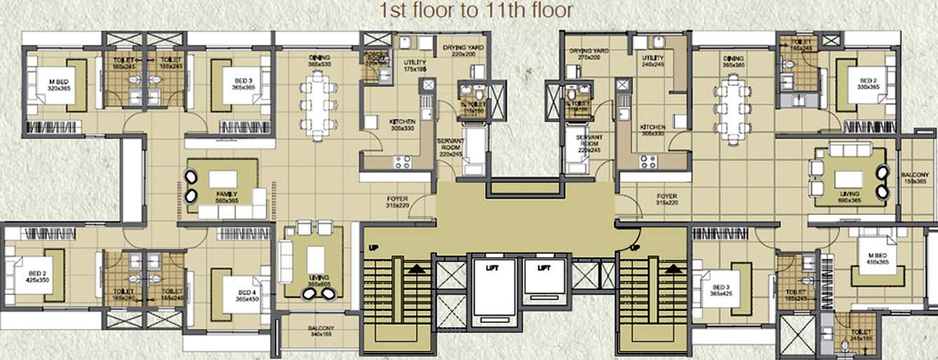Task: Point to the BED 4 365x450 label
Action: (x=246, y=296)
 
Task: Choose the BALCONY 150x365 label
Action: (x=916, y=178)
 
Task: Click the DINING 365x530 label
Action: (x=319, y=61)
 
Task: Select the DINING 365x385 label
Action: (x=733, y=62)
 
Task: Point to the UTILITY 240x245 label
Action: (x=652, y=61)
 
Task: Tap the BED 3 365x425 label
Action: (x=721, y=291)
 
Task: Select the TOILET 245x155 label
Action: (x=860, y=335)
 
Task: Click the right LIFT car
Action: (x=543, y=288)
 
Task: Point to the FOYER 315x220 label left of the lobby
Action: (x=397, y=202)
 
